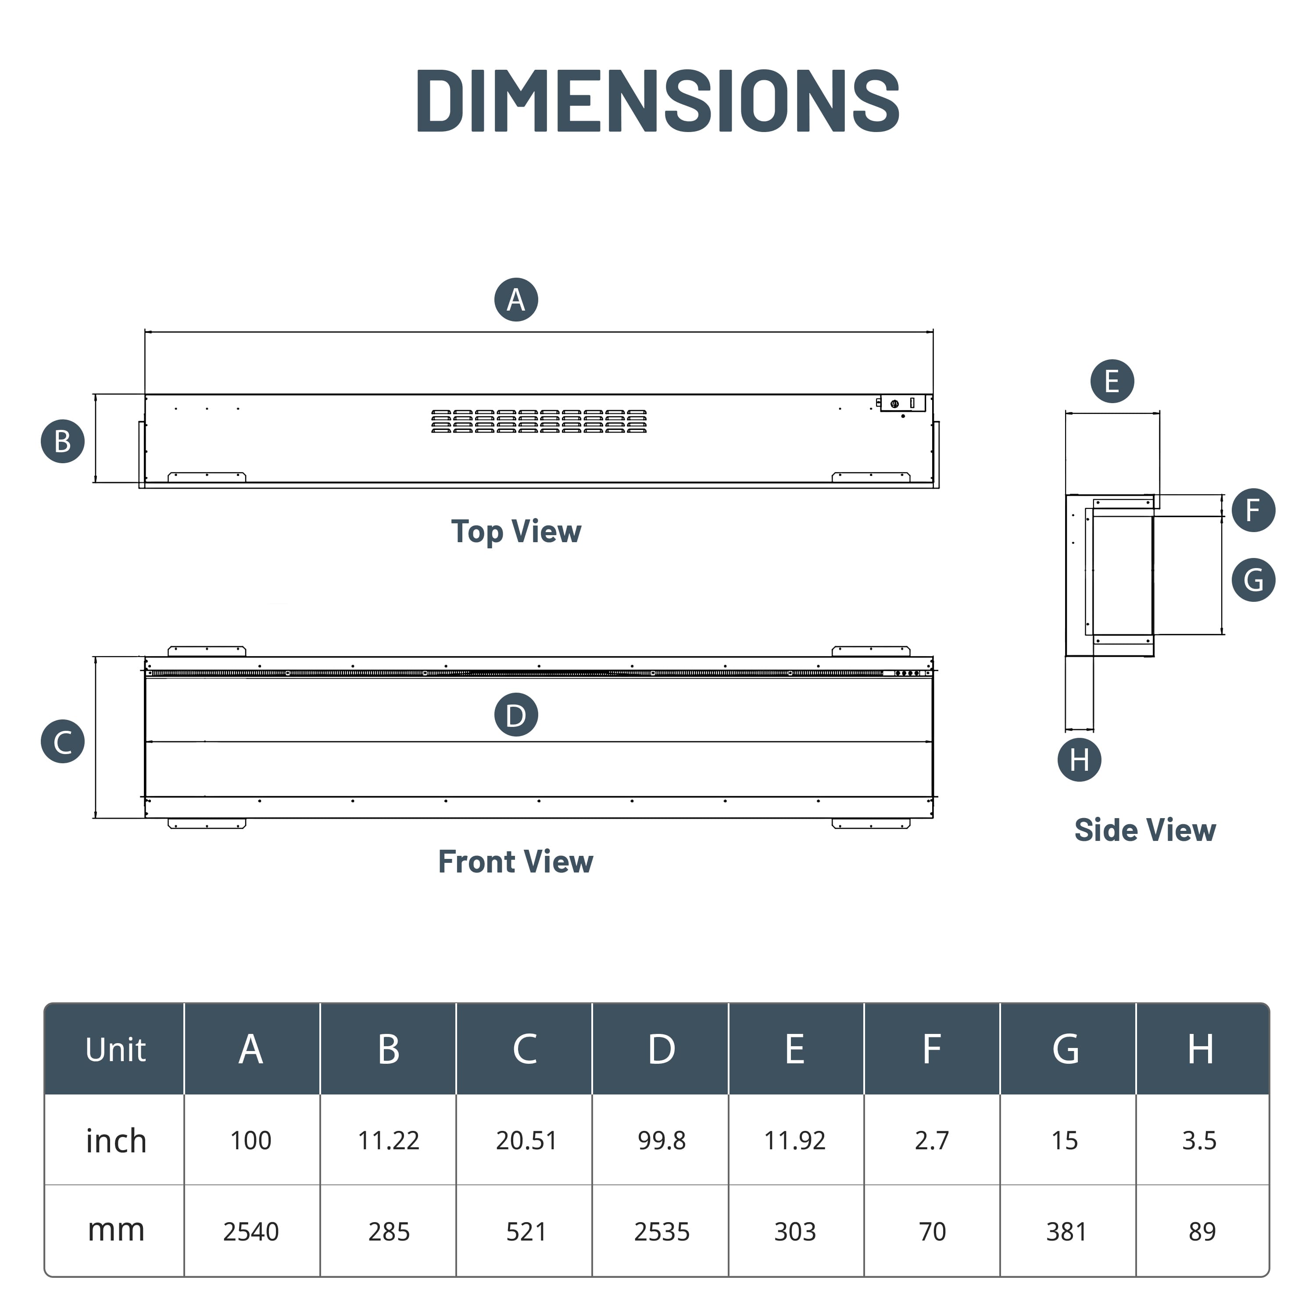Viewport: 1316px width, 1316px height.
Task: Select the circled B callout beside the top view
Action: click(x=63, y=441)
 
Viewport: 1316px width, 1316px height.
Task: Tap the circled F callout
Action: click(x=1253, y=510)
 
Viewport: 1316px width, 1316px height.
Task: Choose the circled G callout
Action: click(x=1253, y=579)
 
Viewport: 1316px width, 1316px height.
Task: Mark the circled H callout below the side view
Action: click(x=1079, y=759)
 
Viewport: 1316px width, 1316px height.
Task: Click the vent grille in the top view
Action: click(x=539, y=422)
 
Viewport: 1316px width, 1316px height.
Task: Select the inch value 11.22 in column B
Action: click(x=388, y=1140)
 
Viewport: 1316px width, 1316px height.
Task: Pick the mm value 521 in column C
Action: click(x=525, y=1231)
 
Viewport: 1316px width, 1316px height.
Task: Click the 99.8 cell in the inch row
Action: click(x=662, y=1140)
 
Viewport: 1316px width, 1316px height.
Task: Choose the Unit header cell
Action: click(x=115, y=1050)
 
